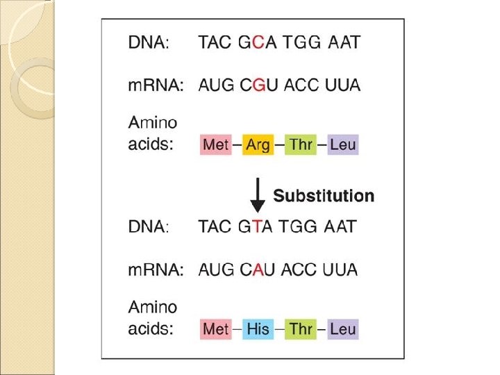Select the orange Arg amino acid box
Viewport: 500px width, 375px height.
click(x=258, y=145)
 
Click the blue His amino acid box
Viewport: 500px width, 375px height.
click(x=258, y=328)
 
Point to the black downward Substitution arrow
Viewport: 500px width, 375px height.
click(x=258, y=195)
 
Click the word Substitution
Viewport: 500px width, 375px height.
click(x=324, y=196)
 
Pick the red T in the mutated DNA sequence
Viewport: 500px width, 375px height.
click(x=257, y=226)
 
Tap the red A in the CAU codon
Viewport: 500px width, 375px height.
click(x=258, y=269)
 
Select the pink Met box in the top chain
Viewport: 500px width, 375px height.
click(x=216, y=145)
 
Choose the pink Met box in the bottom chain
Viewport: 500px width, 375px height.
click(x=216, y=328)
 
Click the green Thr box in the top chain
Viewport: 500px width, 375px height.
click(x=301, y=145)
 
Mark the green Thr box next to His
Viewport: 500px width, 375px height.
click(x=301, y=328)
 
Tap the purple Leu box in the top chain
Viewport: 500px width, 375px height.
click(x=343, y=145)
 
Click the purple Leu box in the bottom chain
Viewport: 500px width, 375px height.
click(x=343, y=328)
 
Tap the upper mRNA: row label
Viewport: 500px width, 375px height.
click(x=156, y=85)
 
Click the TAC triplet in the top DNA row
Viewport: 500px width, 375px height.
click(x=215, y=42)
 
